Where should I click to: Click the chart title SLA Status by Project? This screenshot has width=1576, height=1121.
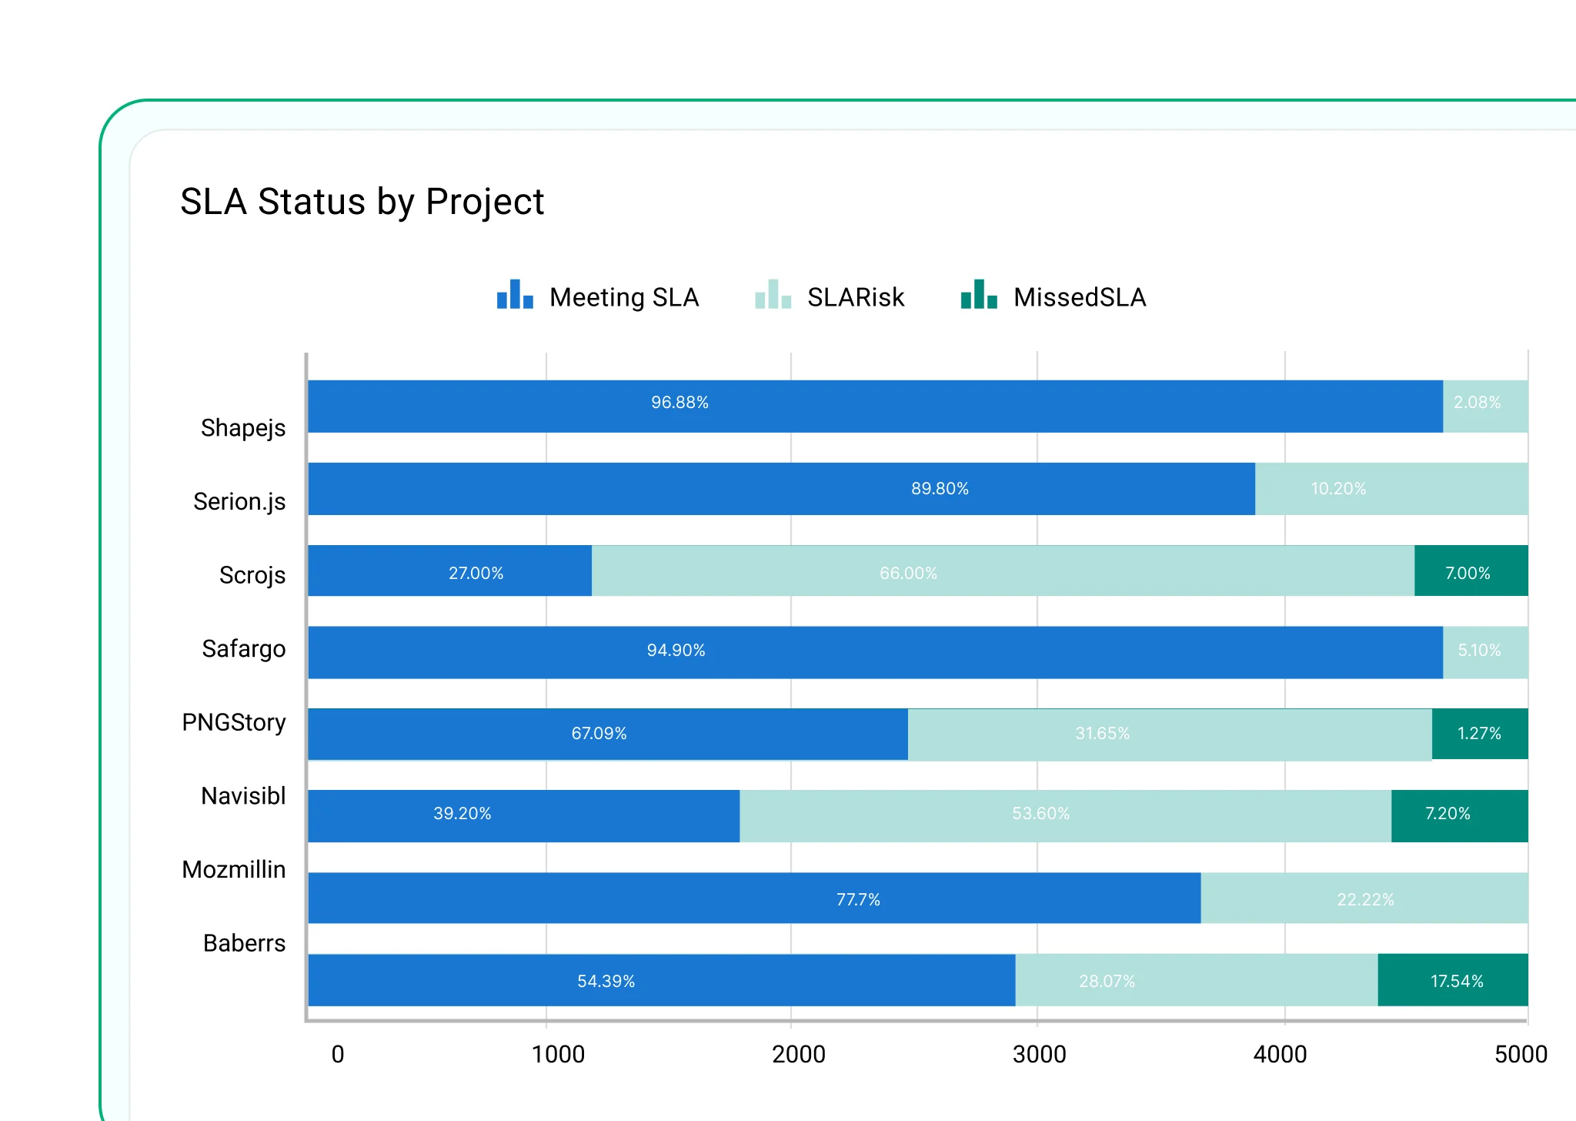362,202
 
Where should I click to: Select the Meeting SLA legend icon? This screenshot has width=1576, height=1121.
515,295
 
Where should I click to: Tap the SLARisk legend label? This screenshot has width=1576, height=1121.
855,297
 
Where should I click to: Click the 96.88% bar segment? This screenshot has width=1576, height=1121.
875,406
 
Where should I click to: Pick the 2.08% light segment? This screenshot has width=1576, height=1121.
1484,406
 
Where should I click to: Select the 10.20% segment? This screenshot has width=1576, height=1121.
1391,489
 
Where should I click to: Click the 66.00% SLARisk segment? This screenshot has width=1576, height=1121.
1002,571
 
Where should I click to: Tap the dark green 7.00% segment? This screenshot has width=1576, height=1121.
1471,571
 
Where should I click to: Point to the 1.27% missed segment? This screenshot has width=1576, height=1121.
1479,734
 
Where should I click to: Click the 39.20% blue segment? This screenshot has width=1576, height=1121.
523,815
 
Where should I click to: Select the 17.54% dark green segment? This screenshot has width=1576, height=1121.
1452,980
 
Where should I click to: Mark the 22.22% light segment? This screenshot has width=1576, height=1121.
1364,898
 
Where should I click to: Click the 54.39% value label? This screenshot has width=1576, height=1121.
606,982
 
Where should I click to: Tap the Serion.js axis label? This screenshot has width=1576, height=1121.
239,501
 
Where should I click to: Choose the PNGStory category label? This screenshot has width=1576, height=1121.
234,722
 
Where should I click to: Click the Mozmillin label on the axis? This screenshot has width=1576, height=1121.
234,869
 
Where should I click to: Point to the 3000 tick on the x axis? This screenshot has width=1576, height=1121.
1039,1054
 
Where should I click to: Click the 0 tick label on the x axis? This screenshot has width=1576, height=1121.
337,1054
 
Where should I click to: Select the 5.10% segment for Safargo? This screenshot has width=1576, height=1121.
1484,652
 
